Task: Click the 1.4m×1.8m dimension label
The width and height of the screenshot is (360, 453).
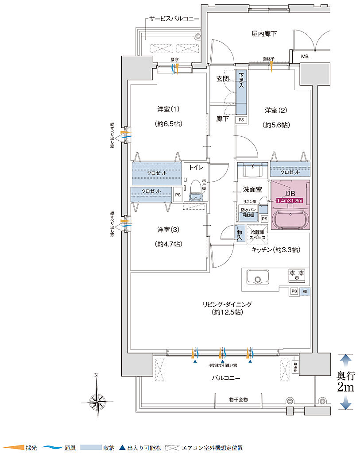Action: pos(289,200)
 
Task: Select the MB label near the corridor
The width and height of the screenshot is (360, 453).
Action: pos(305,57)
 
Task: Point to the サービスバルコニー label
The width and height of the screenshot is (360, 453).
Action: pos(174,19)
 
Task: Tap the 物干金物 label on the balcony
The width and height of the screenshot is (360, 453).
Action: pos(238,399)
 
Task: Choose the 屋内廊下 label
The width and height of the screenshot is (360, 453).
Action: pos(264,33)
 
